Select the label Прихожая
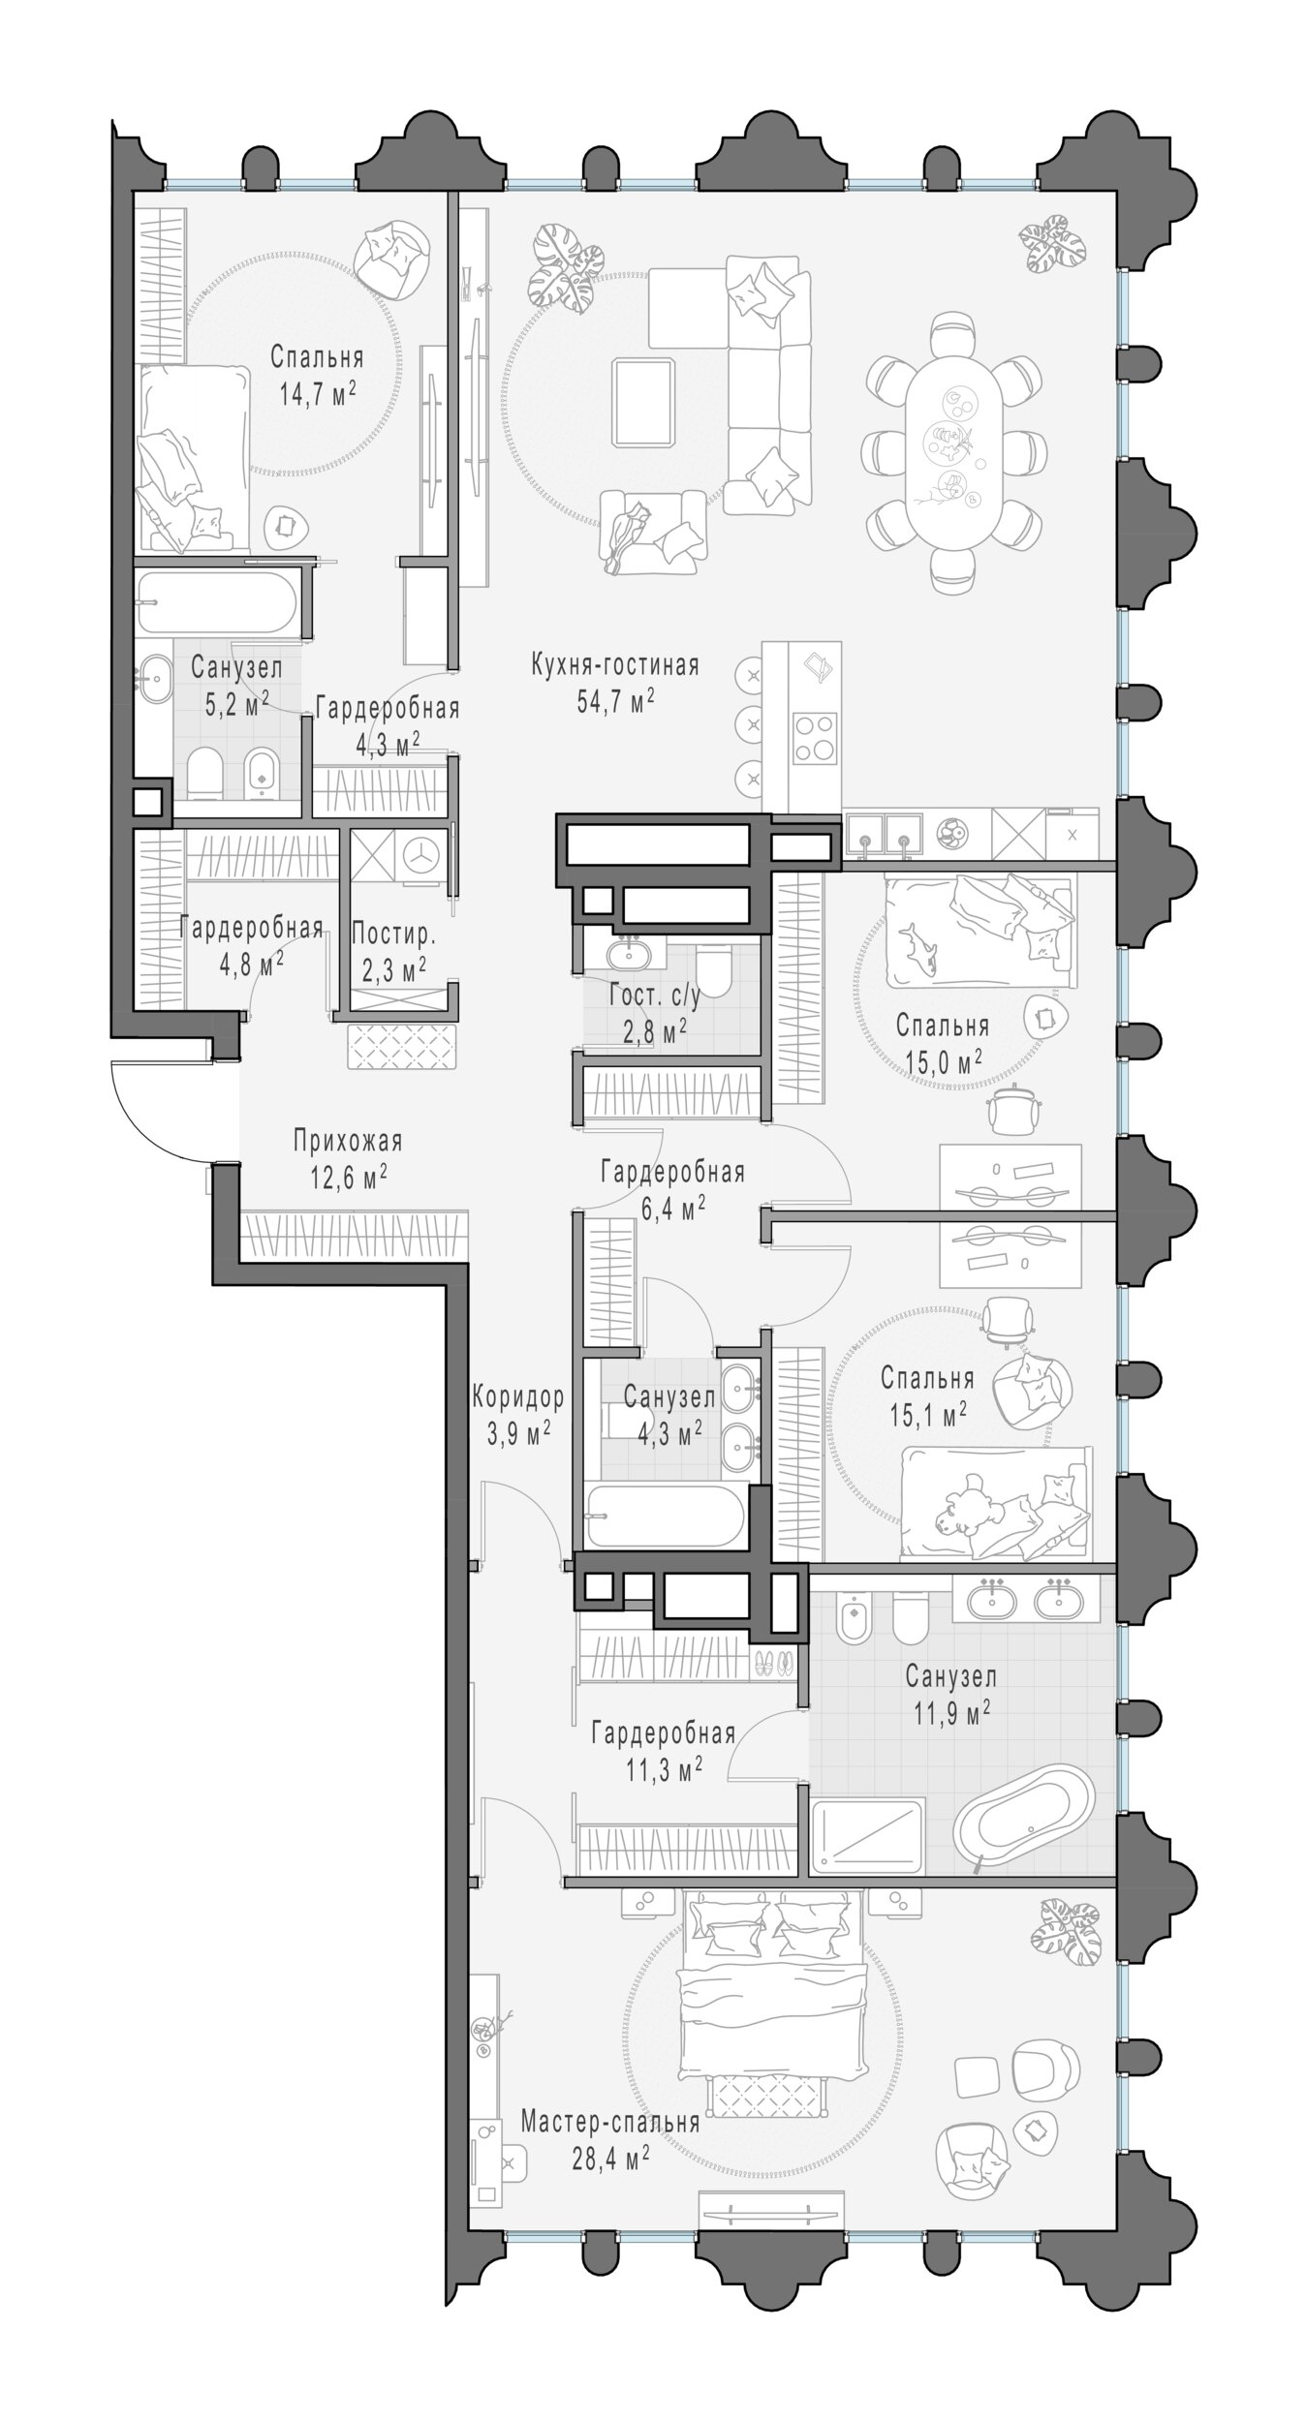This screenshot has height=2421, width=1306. point(348,1142)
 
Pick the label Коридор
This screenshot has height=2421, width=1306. point(517,1397)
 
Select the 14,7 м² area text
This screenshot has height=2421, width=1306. point(315,394)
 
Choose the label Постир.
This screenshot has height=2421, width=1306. point(393,935)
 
